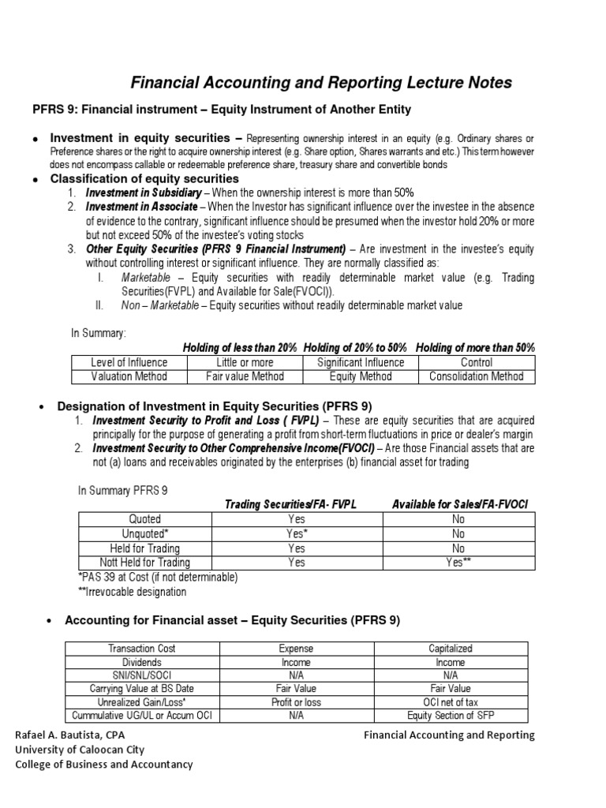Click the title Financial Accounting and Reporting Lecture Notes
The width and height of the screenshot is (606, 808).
coord(320,82)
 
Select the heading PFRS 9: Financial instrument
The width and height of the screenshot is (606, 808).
coord(222,109)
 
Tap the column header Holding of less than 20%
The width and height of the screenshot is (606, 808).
coord(240,348)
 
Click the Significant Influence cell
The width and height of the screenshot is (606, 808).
coord(361,362)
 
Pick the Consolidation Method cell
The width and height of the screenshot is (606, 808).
coord(476,376)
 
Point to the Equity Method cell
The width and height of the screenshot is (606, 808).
coord(361,376)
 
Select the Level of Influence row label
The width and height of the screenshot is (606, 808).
coord(129,362)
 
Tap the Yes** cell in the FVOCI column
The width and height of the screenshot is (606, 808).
coord(458,563)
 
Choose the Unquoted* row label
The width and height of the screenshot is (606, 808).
coord(145,533)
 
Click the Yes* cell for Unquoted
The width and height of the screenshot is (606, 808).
coord(297,533)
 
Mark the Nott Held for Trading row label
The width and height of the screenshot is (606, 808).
coord(145,563)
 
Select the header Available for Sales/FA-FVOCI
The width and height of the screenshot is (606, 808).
coord(459,504)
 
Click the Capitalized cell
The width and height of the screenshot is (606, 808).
coord(451,648)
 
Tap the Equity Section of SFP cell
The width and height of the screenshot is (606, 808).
coord(451,716)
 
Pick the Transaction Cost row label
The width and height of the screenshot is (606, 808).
coord(142,648)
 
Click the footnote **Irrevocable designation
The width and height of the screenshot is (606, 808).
coord(133,591)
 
